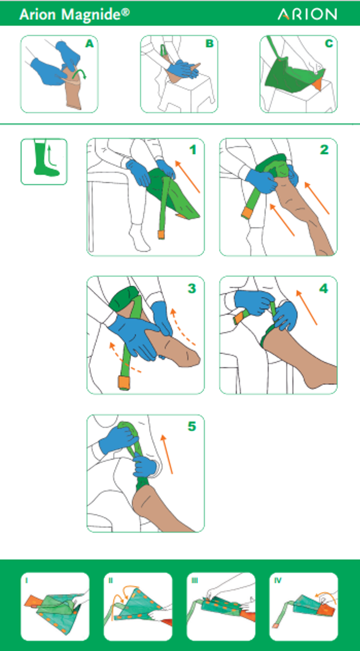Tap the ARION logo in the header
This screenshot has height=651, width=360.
click(x=307, y=14)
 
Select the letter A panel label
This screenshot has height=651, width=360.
click(x=89, y=44)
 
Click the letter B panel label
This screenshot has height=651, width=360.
click(x=210, y=44)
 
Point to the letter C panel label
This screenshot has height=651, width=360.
click(x=329, y=44)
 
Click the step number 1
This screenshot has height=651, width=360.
click(x=193, y=150)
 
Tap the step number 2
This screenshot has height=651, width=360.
click(x=324, y=150)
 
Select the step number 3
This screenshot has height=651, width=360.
click(x=192, y=288)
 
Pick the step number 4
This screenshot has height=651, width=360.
click(x=324, y=288)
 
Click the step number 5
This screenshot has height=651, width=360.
click(x=192, y=426)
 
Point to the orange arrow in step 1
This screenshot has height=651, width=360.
click(x=187, y=177)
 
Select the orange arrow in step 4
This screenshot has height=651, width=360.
click(x=307, y=308)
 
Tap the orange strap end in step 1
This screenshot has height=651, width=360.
click(x=161, y=235)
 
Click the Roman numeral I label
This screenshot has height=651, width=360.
click(x=27, y=580)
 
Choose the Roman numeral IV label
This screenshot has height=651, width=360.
click(x=278, y=580)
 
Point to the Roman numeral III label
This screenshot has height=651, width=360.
click(x=195, y=580)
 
